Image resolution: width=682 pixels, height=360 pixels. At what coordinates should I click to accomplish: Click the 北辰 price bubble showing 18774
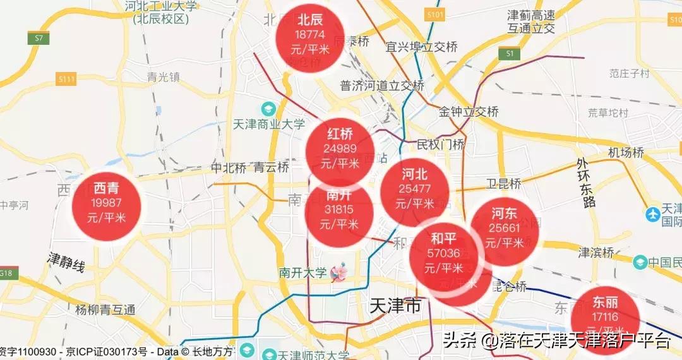pyautogui.click(x=310, y=35)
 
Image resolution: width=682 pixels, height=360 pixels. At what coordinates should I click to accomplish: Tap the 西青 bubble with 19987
pyautogui.click(x=106, y=203)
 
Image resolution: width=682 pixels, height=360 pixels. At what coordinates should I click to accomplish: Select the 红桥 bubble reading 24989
pyautogui.click(x=340, y=149)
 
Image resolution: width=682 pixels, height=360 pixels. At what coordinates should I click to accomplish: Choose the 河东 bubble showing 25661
pyautogui.click(x=504, y=228)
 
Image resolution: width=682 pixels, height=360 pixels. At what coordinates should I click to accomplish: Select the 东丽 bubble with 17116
pyautogui.click(x=606, y=316)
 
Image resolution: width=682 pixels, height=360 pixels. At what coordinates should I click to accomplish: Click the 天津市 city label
pyautogui.click(x=393, y=308)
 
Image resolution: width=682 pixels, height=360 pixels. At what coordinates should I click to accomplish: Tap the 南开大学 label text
pyautogui.click(x=302, y=273)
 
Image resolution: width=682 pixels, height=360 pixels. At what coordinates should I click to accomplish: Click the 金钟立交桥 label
pyautogui.click(x=469, y=112)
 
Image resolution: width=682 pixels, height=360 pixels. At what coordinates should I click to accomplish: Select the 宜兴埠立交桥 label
pyautogui.click(x=421, y=47)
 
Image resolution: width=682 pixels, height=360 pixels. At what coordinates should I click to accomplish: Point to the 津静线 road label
pyautogui.click(x=66, y=262)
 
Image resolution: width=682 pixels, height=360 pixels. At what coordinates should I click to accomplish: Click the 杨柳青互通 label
pyautogui.click(x=105, y=309)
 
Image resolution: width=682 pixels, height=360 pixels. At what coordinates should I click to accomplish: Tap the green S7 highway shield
pyautogui.click(x=39, y=39)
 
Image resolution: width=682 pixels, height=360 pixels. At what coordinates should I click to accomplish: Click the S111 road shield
pyautogui.click(x=66, y=79)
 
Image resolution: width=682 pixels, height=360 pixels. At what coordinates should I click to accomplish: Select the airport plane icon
pyautogui.click(x=653, y=214)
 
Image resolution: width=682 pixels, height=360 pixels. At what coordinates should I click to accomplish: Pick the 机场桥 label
pyautogui.click(x=626, y=153)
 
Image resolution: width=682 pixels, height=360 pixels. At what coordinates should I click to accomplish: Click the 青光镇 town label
pyautogui.click(x=163, y=77)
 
